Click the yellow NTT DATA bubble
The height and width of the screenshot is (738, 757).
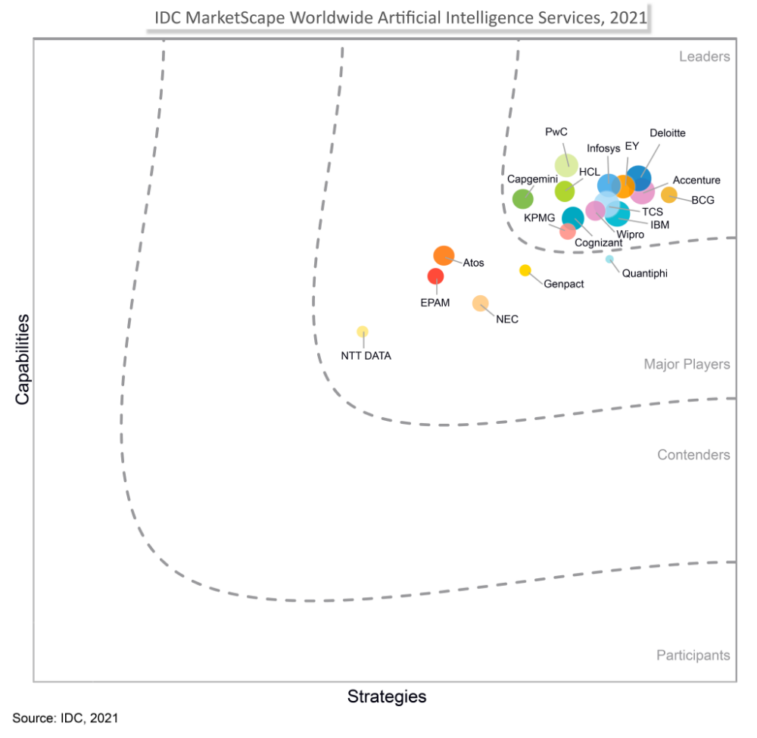363,332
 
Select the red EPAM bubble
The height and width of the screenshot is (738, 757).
435,276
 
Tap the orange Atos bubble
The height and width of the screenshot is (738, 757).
444,256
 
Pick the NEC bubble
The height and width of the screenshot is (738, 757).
481,304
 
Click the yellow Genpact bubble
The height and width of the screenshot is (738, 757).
525,270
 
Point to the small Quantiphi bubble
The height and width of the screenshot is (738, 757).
609,260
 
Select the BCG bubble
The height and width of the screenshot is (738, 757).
669,195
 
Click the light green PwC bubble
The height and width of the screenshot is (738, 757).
566,164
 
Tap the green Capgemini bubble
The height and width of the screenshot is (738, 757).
523,199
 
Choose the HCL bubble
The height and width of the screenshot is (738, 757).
565,191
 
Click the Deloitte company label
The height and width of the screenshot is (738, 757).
668,133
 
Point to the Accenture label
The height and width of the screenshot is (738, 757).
696,180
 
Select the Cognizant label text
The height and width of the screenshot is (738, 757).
599,243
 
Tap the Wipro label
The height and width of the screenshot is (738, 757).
630,235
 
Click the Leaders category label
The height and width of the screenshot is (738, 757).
704,57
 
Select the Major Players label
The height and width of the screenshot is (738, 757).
687,365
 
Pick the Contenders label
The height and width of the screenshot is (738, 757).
693,455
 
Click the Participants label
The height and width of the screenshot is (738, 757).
693,655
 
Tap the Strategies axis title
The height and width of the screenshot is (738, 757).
387,696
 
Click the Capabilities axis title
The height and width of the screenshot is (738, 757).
23,359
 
